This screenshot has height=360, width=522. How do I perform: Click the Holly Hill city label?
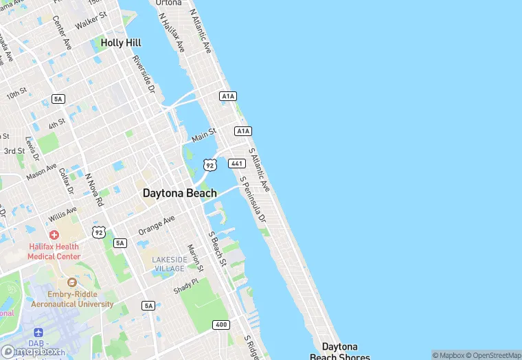click(x=122, y=43)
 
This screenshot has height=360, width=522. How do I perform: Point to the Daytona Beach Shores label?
click(x=340, y=351)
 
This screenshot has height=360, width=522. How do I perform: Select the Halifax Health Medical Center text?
click(x=53, y=251)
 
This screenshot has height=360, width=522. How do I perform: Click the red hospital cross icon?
click(x=54, y=235)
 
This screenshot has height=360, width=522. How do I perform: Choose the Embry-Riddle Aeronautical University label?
click(x=71, y=299)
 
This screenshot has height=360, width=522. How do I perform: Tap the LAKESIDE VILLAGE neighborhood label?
click(x=169, y=264)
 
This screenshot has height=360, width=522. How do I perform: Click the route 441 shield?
click(x=237, y=163)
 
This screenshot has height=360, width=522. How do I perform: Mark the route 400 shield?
click(x=220, y=324)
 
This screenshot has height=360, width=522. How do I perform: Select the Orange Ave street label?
click(x=157, y=224)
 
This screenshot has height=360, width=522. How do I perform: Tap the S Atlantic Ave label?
click(x=260, y=169)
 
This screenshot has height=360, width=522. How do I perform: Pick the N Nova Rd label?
click(x=94, y=189)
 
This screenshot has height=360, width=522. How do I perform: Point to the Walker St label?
click(x=91, y=20)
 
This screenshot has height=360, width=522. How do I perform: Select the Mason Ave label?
click(x=42, y=169)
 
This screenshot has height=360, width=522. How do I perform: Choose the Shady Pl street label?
click(x=185, y=286)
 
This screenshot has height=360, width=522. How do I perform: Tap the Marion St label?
click(x=196, y=256)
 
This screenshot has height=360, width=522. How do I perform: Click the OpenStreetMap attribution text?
click(x=492, y=355)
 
